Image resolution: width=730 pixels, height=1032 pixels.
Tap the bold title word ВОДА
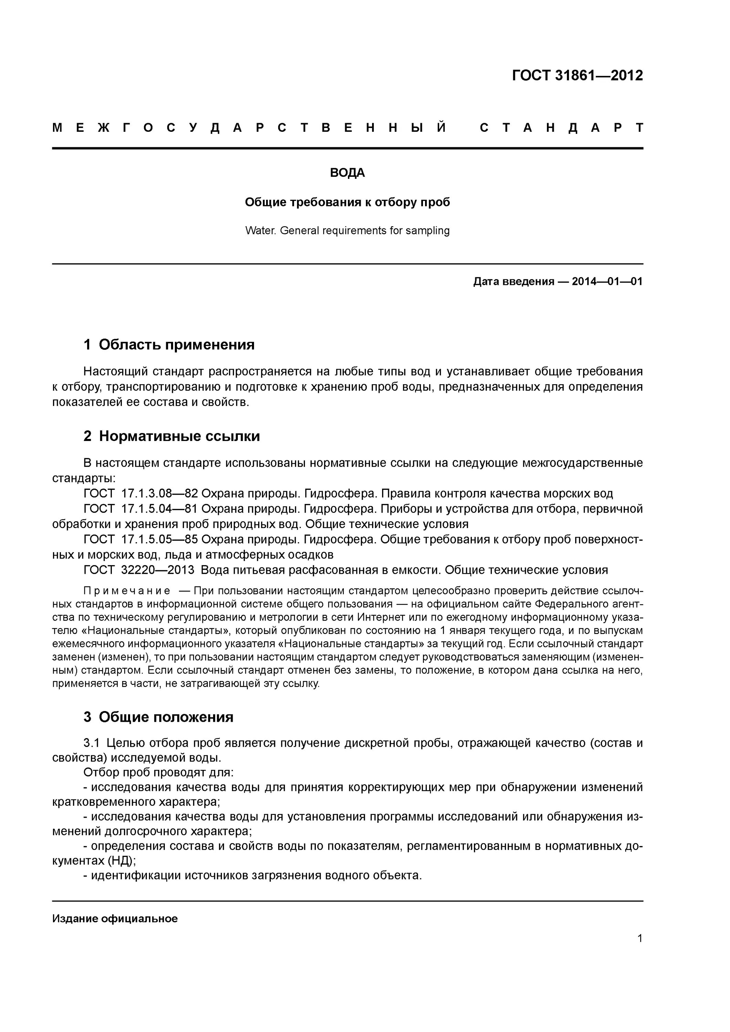[347, 173]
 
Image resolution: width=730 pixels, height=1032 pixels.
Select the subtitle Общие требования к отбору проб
[347, 202]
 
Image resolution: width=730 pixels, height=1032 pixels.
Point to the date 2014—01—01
[607, 282]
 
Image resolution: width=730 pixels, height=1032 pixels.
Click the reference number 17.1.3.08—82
[160, 494]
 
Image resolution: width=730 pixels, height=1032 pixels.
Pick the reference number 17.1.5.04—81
[160, 509]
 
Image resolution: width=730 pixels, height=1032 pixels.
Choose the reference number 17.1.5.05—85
[160, 539]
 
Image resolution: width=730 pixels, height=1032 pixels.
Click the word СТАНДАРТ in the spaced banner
[561, 128]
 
